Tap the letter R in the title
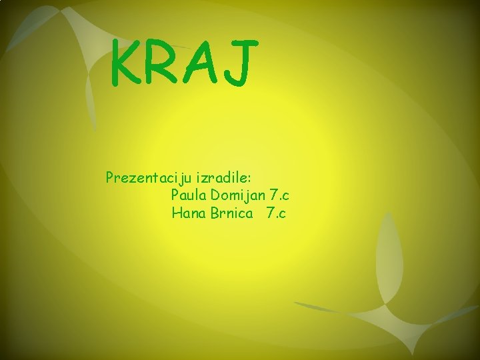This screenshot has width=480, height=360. tap(162, 63)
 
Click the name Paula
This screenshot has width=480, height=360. tap(189, 195)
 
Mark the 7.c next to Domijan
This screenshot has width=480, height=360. tap(280, 195)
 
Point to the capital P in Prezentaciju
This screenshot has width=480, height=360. tap(109, 177)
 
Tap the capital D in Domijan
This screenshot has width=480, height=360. tap(215, 195)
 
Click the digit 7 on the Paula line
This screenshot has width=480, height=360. tap(273, 195)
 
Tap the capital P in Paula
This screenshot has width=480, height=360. tap(175, 195)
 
